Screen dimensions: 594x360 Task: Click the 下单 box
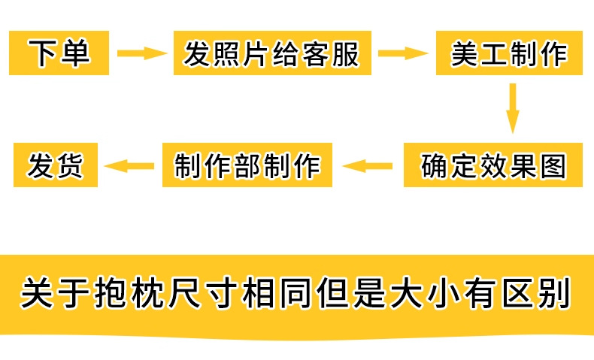click(59, 53)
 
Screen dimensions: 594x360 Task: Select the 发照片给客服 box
click(272, 53)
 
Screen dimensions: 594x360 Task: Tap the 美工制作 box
click(509, 53)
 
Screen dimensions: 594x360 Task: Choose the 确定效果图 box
click(492, 165)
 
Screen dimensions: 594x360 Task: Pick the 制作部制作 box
click(247, 165)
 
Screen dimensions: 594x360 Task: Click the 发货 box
click(56, 165)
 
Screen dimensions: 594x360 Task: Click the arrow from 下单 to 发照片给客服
click(142, 53)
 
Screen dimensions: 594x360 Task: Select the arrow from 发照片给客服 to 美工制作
click(404, 53)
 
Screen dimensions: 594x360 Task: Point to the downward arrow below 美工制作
click(513, 108)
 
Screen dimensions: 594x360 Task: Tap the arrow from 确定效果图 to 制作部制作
click(367, 166)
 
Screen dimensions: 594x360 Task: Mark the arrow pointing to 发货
click(129, 166)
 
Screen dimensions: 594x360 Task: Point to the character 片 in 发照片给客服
click(257, 54)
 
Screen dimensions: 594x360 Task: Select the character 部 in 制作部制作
click(247, 166)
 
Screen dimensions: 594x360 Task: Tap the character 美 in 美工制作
click(465, 54)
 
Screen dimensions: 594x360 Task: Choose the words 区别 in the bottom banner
click(537, 293)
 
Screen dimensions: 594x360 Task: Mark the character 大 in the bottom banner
click(407, 293)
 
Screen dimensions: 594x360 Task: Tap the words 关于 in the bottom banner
click(54, 293)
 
